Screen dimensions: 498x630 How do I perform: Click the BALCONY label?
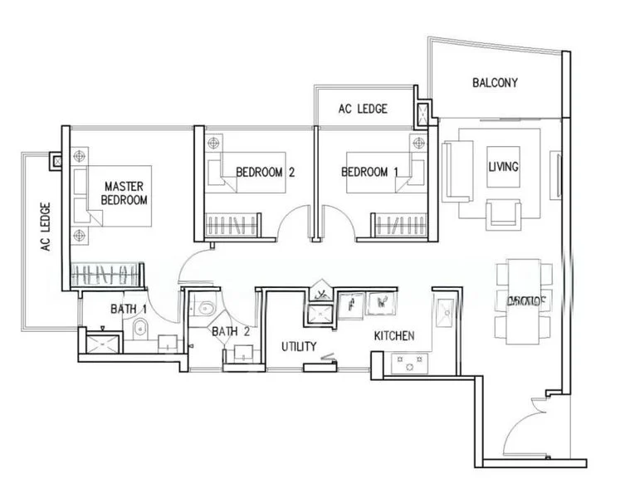[495, 82]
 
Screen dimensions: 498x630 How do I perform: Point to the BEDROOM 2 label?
[266, 173]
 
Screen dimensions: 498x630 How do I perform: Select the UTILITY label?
[298, 346]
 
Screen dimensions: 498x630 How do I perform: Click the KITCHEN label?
[393, 336]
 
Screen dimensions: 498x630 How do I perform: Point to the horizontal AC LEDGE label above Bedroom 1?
[363, 109]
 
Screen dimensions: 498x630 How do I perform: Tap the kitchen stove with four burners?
[409, 363]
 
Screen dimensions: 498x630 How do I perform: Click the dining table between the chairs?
[524, 300]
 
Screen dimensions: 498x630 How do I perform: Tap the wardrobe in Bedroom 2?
[232, 225]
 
